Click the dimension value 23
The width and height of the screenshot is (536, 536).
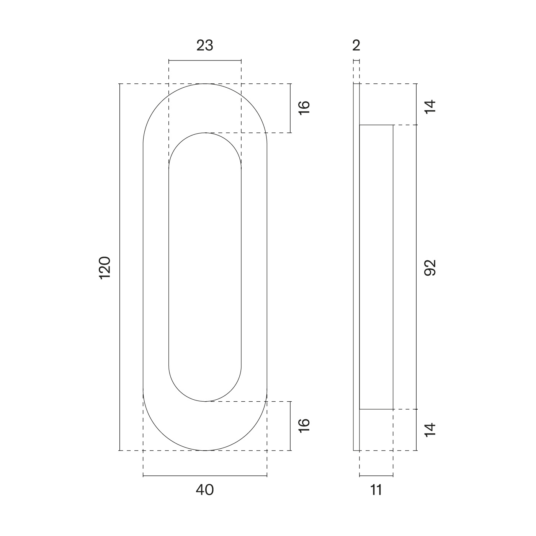pyautogui.click(x=205, y=45)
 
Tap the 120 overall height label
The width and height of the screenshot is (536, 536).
pyautogui.click(x=105, y=268)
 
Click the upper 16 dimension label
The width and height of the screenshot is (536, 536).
pyautogui.click(x=304, y=107)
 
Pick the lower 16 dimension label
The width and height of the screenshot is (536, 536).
pyautogui.click(x=304, y=426)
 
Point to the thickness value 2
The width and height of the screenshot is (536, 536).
pyautogui.click(x=356, y=45)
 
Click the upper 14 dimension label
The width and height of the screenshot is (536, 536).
pyautogui.click(x=430, y=106)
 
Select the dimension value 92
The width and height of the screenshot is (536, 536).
pyautogui.click(x=430, y=268)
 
